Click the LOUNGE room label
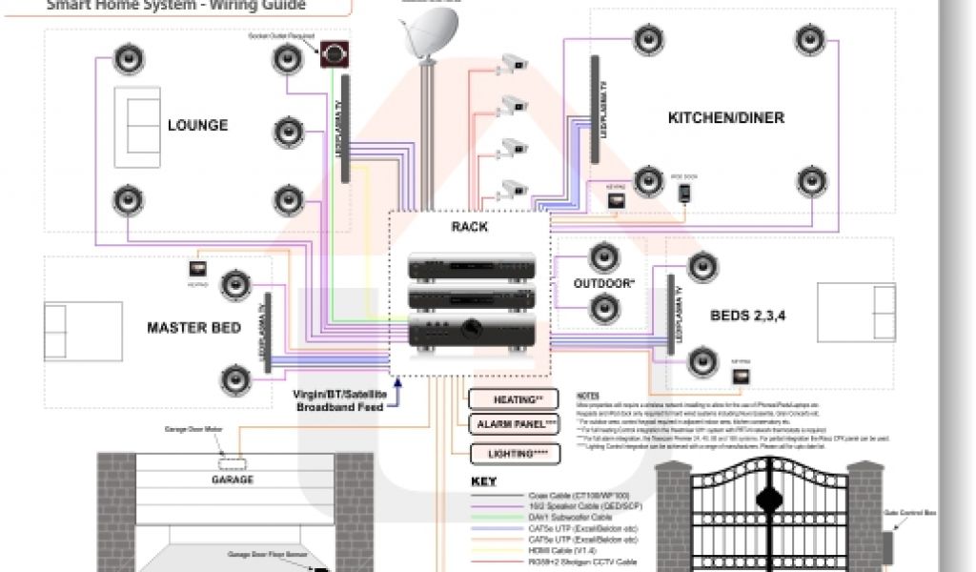tap(197, 125)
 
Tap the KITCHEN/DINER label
tap(725, 118)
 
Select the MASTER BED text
tap(193, 328)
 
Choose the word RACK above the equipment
tap(469, 227)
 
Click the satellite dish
tap(427, 33)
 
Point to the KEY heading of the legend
tap(484, 481)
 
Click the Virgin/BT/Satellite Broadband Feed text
tap(339, 399)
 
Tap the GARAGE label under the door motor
tap(232, 480)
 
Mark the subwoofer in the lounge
tap(334, 54)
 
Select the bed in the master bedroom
tap(83, 331)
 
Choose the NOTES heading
tap(588, 395)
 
